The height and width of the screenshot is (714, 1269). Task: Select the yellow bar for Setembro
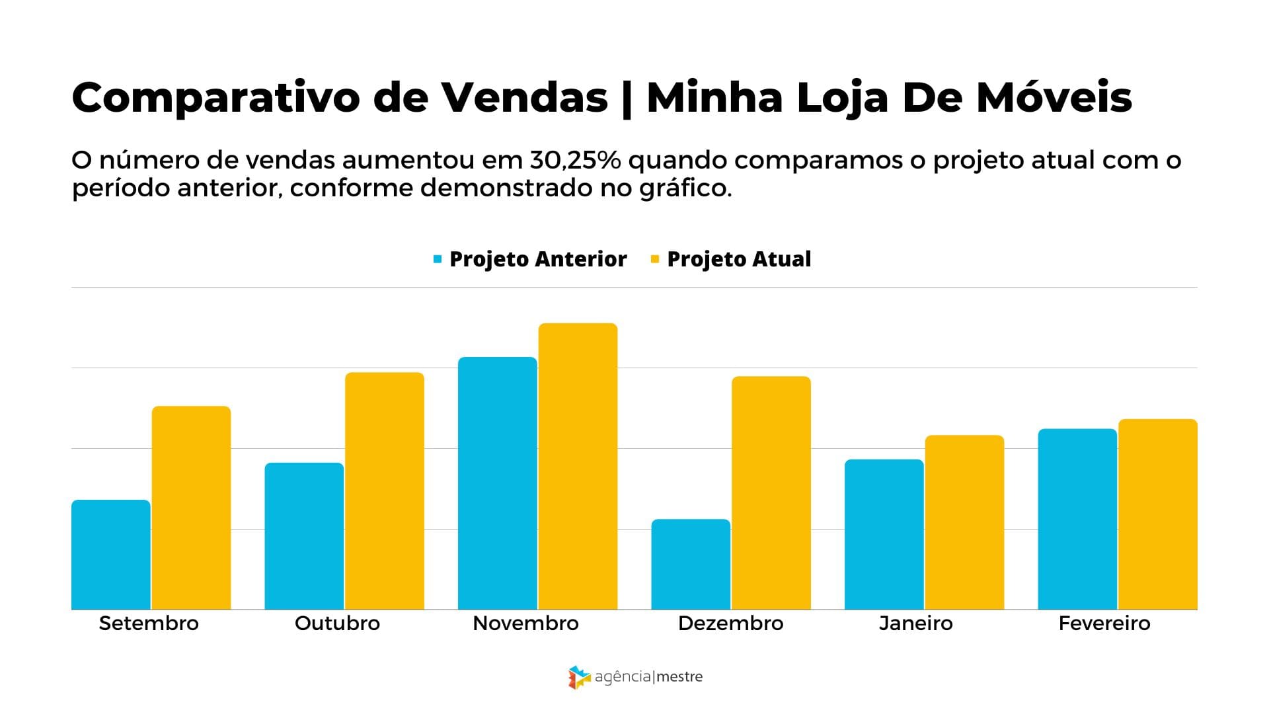coord(191,508)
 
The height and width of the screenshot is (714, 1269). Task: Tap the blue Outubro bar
coord(304,535)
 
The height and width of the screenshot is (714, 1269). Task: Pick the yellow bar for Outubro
coord(384,491)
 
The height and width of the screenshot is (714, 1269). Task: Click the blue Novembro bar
coord(497,483)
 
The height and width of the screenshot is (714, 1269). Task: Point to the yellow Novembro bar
coord(578,466)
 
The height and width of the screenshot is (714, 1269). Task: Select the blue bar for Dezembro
coord(691,564)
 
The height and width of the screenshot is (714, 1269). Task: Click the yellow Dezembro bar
coord(771,493)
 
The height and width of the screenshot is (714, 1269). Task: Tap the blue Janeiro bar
coord(884,534)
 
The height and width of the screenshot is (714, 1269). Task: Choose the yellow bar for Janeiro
coord(964,522)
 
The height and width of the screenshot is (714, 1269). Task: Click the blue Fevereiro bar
coord(1077,519)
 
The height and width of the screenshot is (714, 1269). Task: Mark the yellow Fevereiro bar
coord(1157,514)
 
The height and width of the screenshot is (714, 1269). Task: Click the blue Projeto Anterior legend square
coord(438,259)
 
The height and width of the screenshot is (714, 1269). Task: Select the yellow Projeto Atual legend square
coord(655,259)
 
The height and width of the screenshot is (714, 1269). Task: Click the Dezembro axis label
coord(730,623)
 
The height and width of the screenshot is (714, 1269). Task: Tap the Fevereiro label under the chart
coord(1104,623)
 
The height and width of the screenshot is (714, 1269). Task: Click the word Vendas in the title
coord(524,98)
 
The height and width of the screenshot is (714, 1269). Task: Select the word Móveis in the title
coord(1054,98)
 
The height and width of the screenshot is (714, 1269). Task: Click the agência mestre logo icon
coord(579,677)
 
